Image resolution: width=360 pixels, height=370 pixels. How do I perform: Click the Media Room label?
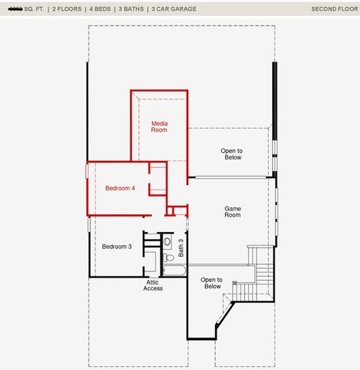coord(159,126)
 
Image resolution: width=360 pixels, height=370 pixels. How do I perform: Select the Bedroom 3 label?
coord(117,247)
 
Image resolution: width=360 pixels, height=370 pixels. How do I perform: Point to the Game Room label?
coord(232,211)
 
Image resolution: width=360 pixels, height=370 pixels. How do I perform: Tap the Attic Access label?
coord(153,285)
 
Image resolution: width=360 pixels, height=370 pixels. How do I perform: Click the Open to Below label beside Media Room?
coord(231,153)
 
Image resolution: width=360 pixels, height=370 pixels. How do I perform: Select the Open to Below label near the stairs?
coord(212,283)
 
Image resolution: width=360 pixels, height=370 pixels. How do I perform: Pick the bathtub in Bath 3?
coord(173,271)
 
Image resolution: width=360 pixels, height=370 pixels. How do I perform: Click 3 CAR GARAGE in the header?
coord(174,9)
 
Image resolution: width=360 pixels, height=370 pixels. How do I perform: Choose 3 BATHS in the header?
coord(133,9)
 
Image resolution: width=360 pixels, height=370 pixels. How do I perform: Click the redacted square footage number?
coord(14,9)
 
